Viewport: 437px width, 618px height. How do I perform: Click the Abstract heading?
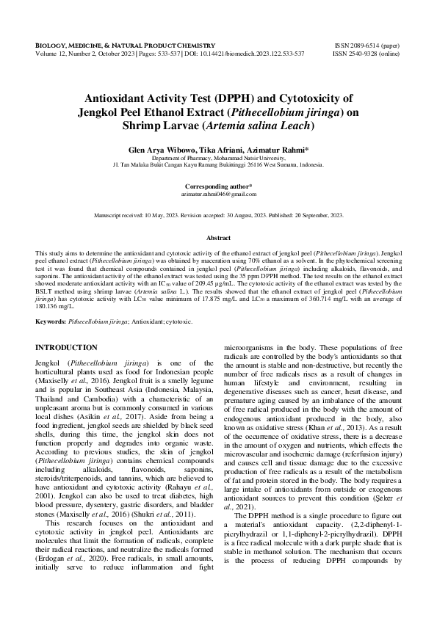pyautogui.click(x=218, y=239)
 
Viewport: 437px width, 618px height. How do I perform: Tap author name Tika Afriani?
pyautogui.click(x=217, y=149)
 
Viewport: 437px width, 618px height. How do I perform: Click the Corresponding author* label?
pyautogui.click(x=218, y=186)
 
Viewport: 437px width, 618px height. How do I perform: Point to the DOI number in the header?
pyautogui.click(x=265, y=54)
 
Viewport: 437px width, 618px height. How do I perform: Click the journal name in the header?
pyautogui.click(x=126, y=45)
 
